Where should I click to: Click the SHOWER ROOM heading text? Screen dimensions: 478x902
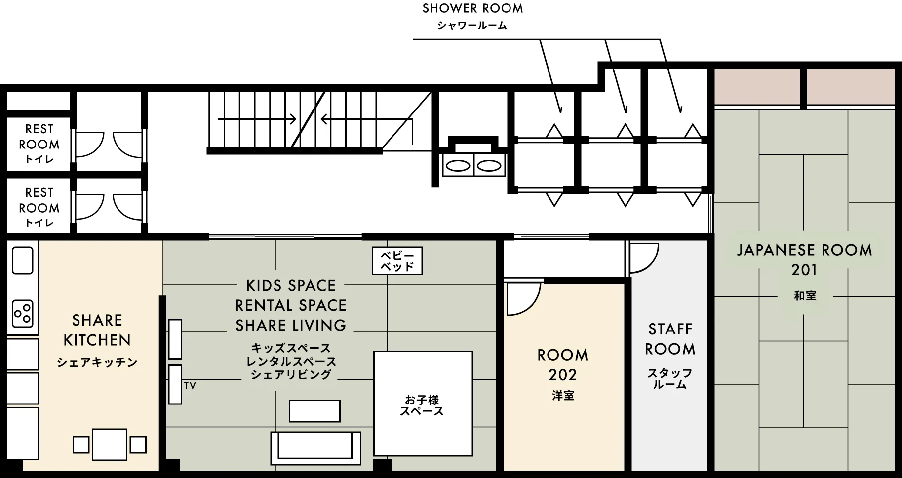[472, 9]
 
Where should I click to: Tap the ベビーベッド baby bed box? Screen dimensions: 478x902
[397, 261]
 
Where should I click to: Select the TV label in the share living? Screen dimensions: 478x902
[190, 386]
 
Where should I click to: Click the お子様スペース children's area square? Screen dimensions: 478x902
[423, 404]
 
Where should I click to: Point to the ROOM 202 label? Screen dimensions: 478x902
[562, 365]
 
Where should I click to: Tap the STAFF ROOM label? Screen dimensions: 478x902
[670, 339]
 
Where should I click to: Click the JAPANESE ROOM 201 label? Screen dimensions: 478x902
[804, 259]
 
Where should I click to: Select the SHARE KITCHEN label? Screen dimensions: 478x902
[97, 330]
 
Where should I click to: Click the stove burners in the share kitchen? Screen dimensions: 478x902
[23, 314]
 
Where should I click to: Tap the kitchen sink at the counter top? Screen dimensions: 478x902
[23, 260]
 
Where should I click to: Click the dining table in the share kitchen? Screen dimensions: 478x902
[110, 444]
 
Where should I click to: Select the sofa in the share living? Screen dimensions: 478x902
[315, 447]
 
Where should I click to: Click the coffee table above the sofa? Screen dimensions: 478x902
[314, 411]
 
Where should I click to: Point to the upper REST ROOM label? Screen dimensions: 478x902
[39, 137]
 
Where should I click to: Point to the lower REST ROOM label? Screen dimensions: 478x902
[39, 200]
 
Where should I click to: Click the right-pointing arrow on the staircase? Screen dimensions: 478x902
[257, 119]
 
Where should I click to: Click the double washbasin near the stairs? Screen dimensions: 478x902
[473, 165]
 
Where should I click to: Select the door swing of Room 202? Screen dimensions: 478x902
[522, 298]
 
